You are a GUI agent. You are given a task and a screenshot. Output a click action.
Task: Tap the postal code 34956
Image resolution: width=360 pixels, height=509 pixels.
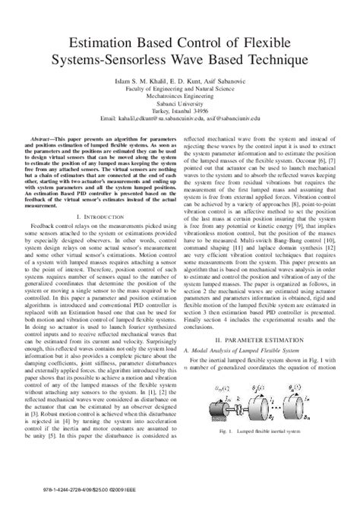pos(204,110)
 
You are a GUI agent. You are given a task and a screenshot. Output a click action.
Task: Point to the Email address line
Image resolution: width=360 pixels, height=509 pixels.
pos(180,118)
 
